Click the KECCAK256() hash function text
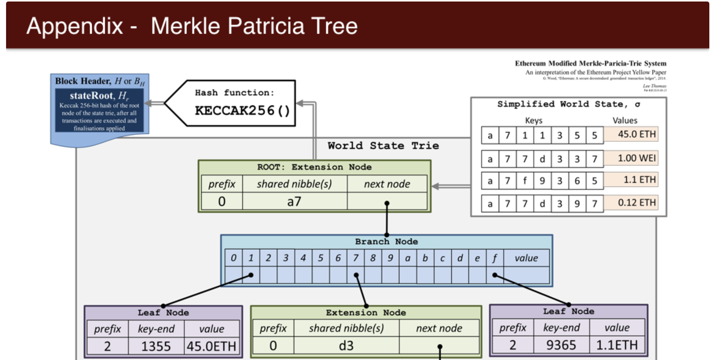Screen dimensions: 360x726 tap(243, 111)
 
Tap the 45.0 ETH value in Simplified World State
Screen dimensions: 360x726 tap(631, 135)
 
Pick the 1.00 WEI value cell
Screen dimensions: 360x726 tap(631, 158)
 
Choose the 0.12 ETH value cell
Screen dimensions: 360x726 tap(631, 203)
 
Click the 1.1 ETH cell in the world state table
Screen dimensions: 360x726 tap(631, 180)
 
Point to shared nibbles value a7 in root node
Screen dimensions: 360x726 tap(294, 202)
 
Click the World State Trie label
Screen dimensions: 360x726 tap(383, 146)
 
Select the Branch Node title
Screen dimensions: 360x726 tap(386, 242)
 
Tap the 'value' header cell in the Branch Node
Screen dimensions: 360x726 tap(526, 258)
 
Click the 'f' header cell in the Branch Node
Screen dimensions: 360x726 tap(495, 258)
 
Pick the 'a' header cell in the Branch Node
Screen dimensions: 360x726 tap(407, 258)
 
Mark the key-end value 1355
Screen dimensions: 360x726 tap(156, 346)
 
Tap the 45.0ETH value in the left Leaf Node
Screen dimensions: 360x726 tap(211, 346)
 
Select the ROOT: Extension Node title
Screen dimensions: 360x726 tap(314, 167)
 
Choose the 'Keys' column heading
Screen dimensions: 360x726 tap(534, 121)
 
